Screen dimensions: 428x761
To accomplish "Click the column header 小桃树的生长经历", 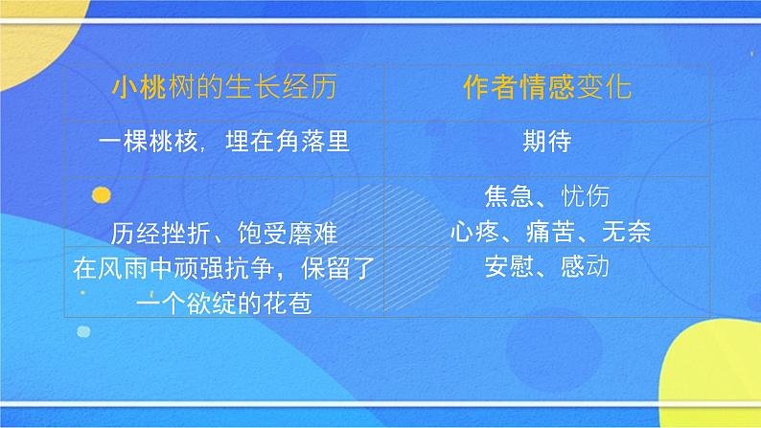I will point(224,93).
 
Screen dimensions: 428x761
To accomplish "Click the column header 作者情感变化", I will point(548,93).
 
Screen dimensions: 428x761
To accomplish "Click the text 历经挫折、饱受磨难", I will point(224,233).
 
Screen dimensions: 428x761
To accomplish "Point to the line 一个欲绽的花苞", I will point(224,301).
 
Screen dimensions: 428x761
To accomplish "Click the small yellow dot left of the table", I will point(99,196).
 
